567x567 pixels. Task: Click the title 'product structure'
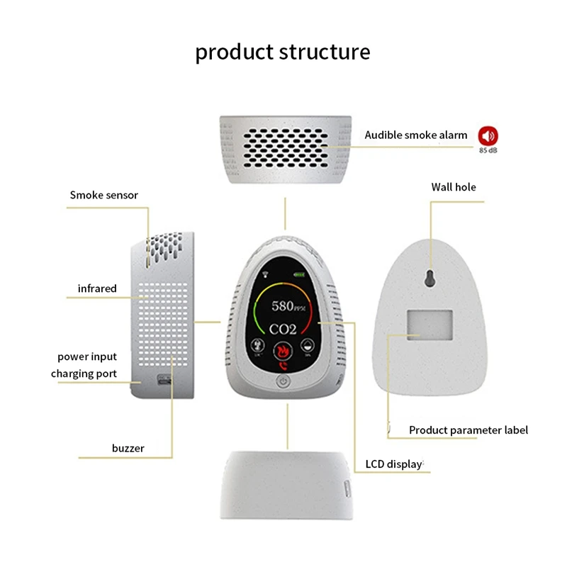[283, 52]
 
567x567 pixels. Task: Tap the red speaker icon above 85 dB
[488, 135]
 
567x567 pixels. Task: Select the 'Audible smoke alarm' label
[416, 135]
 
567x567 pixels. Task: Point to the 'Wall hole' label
[454, 187]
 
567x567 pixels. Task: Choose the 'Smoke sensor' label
[103, 194]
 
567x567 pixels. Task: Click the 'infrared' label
[97, 288]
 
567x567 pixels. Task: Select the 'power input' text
[87, 357]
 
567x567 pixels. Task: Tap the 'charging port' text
[84, 374]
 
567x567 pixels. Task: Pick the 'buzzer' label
[128, 448]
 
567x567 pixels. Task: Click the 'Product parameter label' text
[468, 430]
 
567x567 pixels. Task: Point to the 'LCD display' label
[393, 465]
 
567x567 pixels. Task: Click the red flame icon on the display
[283, 350]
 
